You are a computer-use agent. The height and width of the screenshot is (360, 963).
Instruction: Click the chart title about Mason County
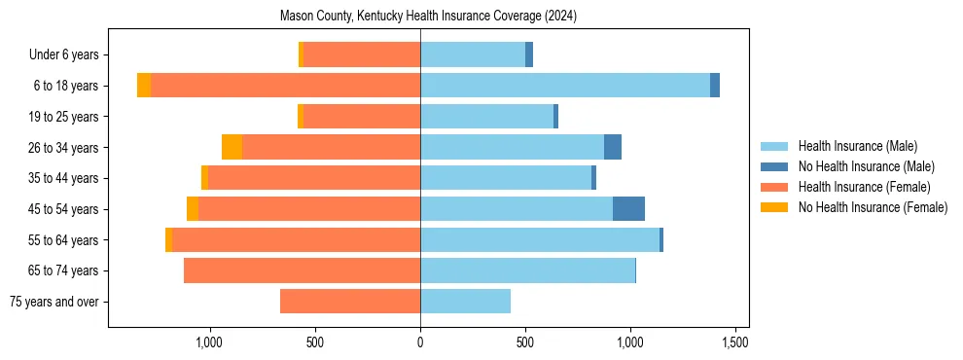428,17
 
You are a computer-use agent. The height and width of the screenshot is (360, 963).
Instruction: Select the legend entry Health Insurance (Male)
857,146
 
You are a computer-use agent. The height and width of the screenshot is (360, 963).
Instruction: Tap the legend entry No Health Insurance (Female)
873,207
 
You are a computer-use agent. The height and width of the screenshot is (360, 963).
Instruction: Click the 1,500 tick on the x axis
735,342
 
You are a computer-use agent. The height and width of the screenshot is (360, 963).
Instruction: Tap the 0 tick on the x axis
420,342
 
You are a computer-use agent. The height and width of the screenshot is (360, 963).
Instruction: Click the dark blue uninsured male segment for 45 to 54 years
628,209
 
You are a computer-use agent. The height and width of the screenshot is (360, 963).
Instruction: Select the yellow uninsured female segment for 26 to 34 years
232,147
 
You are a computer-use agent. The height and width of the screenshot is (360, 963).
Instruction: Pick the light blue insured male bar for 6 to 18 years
564,86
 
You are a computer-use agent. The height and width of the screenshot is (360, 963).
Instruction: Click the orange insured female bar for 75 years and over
350,302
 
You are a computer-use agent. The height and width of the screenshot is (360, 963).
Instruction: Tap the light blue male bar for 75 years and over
465,302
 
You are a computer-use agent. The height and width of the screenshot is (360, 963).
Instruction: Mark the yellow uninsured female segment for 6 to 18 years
144,86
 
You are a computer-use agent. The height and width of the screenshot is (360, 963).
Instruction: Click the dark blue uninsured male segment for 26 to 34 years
613,147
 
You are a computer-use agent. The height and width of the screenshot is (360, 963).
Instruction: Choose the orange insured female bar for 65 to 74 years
302,270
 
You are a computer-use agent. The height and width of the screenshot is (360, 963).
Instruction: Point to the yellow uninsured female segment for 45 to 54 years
193,209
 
